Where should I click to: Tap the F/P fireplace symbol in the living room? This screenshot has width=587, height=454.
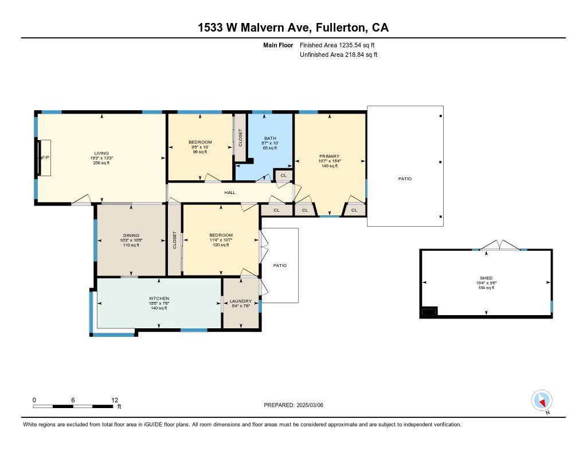pos(44,157)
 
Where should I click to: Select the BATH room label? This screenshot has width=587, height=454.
pos(270,138)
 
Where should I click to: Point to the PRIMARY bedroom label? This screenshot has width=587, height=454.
pos(330,156)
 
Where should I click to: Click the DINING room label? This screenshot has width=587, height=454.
pos(131,235)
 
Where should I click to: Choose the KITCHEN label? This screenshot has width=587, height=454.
pos(159,298)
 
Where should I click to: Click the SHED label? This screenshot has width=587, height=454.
pos(486,278)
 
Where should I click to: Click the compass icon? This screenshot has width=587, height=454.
pos(542,400)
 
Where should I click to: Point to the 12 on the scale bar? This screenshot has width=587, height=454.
pos(115,399)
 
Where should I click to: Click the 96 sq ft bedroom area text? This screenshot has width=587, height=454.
pos(200,152)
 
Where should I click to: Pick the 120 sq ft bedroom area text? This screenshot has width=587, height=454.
pos(221,245)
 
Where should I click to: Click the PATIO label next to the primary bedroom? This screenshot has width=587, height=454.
pos(405,179)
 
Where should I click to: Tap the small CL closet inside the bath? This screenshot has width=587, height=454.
pos(283,175)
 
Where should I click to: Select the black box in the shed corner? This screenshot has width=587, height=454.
pos(429,311)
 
